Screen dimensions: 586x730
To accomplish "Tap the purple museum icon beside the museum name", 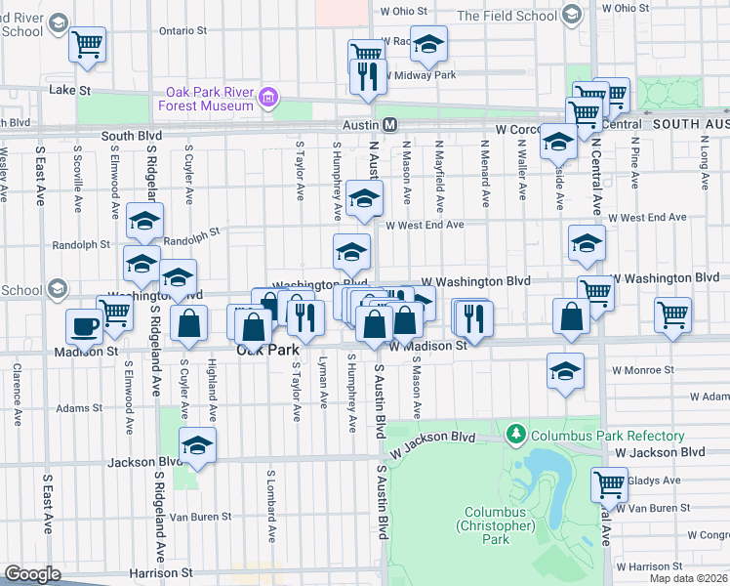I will tap(266, 99).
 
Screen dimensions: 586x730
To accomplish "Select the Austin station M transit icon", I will tap(388, 126).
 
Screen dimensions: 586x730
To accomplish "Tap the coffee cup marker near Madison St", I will tap(84, 326).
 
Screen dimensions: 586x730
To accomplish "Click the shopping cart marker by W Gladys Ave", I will tap(609, 482).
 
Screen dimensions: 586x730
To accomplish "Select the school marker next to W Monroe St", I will tap(565, 371).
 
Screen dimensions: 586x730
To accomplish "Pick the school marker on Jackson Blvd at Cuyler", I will tap(198, 445).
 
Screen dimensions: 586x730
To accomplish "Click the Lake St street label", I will tap(70, 90).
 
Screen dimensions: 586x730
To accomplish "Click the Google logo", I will tap(32, 574).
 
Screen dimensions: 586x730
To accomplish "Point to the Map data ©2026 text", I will tap(686, 578).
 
